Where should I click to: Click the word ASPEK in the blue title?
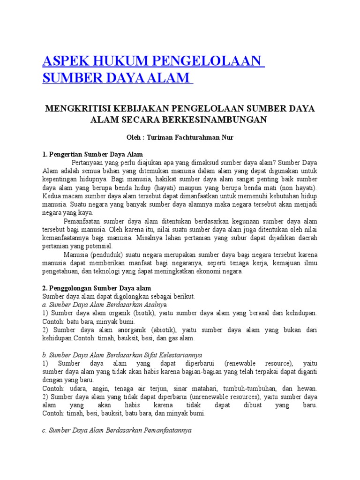64,61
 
